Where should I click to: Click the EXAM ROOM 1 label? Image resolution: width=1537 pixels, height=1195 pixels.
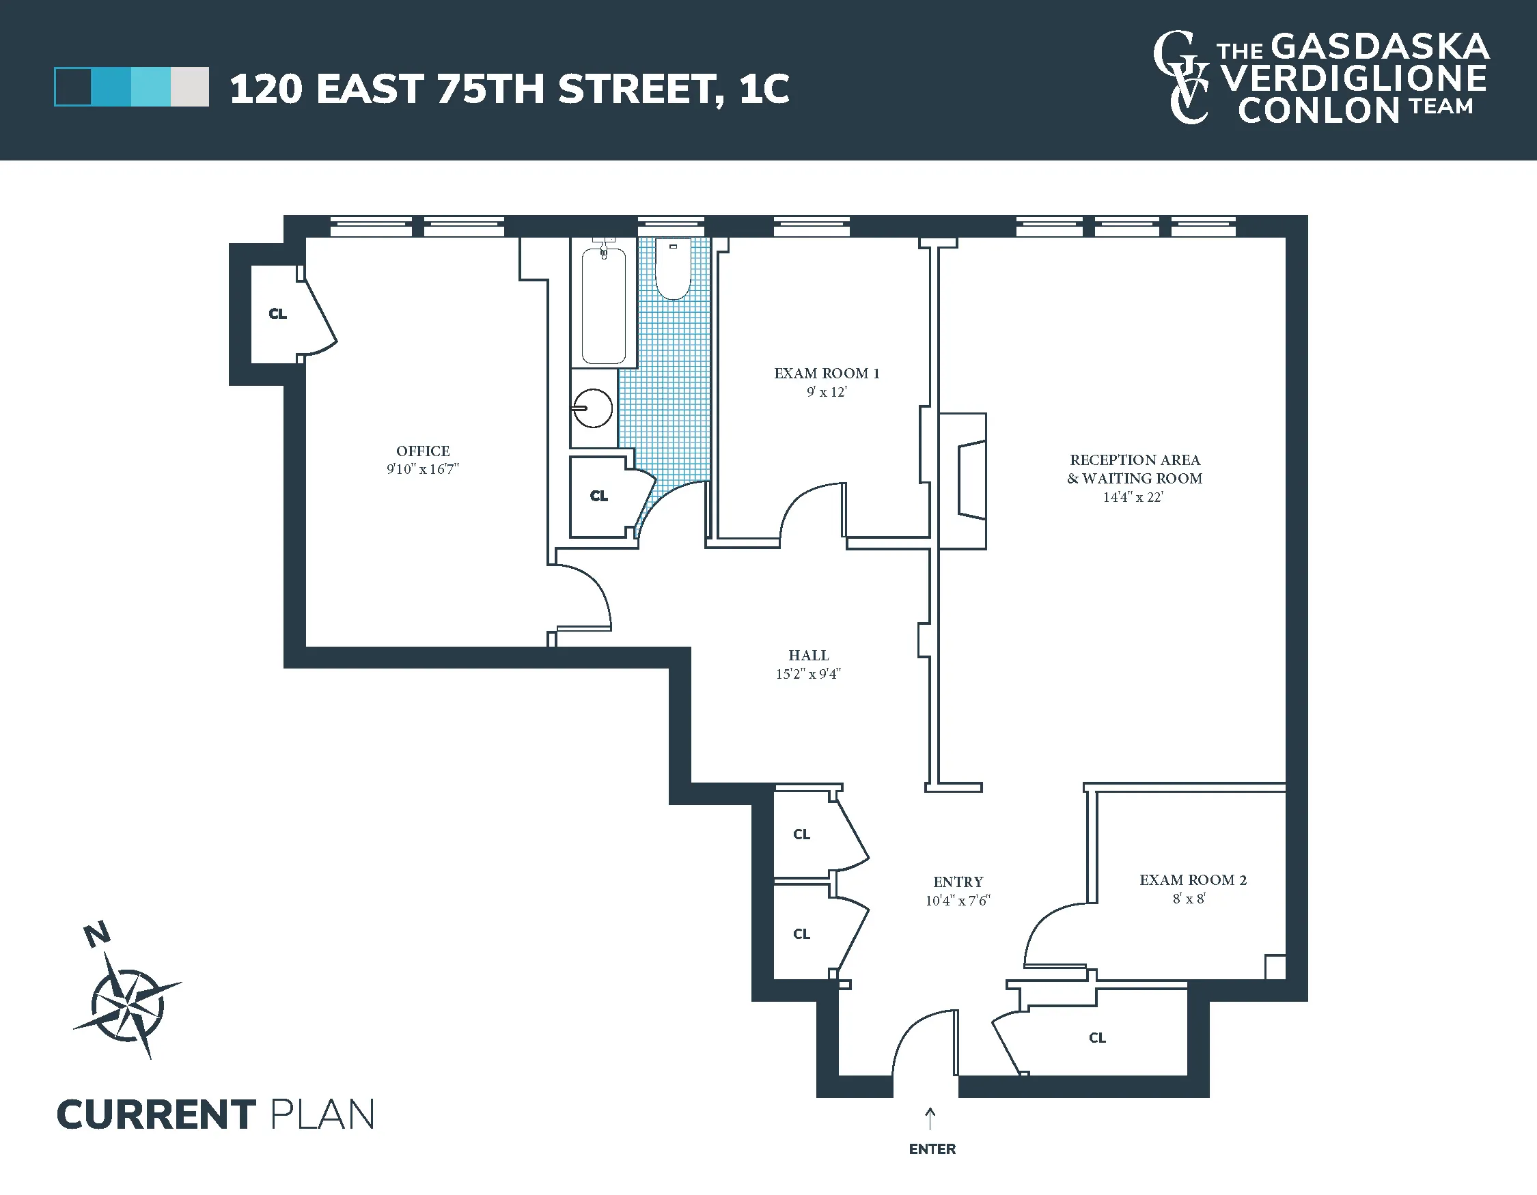(x=826, y=374)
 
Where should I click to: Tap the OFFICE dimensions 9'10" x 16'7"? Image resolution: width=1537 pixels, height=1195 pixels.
(x=422, y=469)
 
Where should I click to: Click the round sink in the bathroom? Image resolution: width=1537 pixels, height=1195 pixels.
(x=592, y=408)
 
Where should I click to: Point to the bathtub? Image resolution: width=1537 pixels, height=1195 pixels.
(x=604, y=307)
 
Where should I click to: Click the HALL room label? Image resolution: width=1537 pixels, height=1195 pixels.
(x=808, y=655)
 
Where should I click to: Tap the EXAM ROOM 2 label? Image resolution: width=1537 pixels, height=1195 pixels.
(x=1192, y=880)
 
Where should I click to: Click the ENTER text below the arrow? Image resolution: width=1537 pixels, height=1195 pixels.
(x=932, y=1149)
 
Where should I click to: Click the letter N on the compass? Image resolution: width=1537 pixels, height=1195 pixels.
(x=97, y=934)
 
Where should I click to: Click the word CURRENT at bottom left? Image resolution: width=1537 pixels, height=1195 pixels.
(x=156, y=1115)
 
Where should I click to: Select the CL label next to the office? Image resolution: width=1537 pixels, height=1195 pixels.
(x=277, y=313)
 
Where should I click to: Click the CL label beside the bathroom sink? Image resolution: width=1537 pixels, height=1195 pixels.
(x=598, y=496)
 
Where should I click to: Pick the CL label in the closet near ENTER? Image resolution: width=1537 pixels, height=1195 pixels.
(x=1097, y=1037)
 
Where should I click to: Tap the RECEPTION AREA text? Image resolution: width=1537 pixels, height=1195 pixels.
(x=1135, y=460)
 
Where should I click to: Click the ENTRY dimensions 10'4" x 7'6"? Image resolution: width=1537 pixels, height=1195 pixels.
(x=957, y=900)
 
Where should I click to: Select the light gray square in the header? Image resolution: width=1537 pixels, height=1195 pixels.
(x=189, y=87)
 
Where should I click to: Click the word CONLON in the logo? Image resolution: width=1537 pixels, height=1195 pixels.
(x=1318, y=111)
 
